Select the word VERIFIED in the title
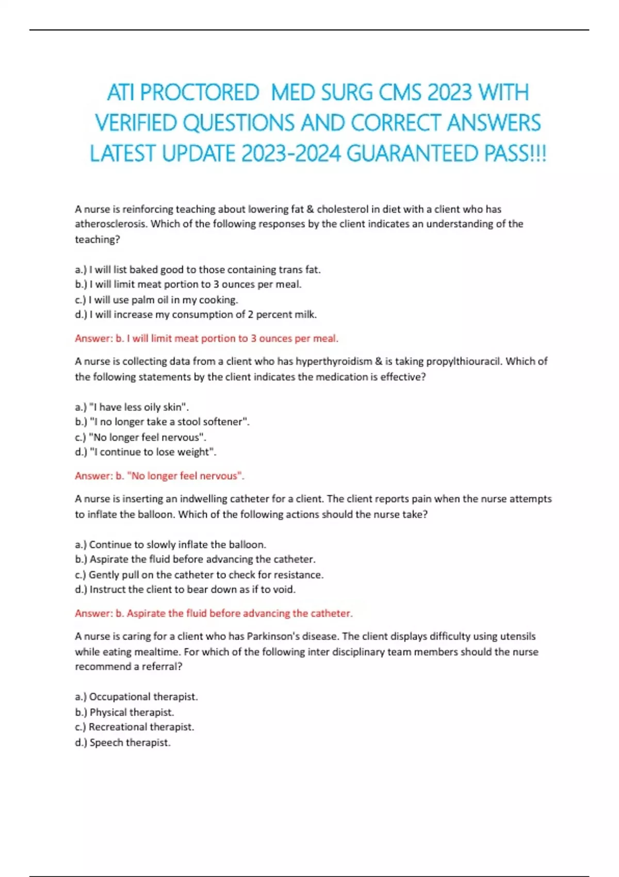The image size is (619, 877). pos(136,123)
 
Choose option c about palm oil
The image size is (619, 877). pos(156,300)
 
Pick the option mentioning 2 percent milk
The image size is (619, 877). pos(196,315)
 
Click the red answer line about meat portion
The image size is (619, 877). pos(206,338)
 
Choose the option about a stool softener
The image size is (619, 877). pos(162,422)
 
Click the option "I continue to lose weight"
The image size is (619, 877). pos(146,452)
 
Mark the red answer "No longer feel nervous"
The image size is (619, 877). pos(159,476)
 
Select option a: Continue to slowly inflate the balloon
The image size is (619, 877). pos(171,544)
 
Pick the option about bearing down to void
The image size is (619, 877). pos(185,589)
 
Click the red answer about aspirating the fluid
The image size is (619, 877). pos(214,613)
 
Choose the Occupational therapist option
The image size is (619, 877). pos(137,697)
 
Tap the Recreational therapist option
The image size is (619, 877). pos(135,727)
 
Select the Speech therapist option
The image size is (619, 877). pos(123,742)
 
